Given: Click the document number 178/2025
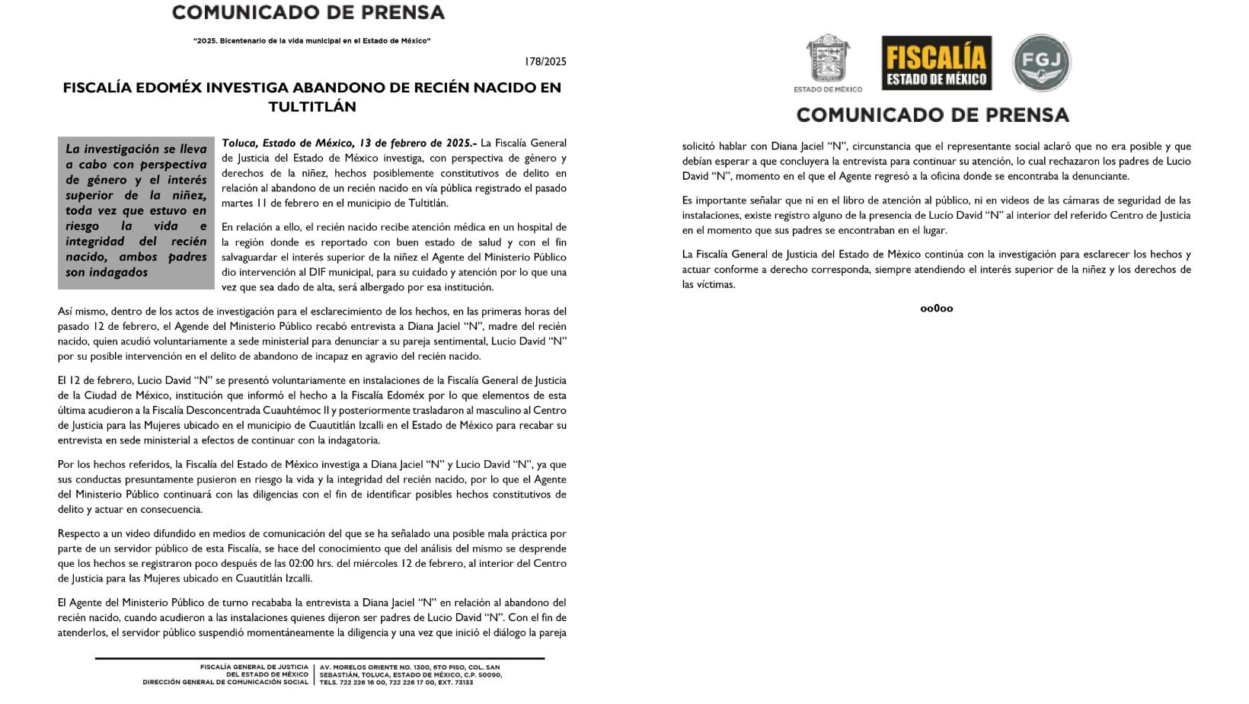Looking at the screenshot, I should pos(546,62).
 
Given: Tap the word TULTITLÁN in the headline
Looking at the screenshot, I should pos(312,107).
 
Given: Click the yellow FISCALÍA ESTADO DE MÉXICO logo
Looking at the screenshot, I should pos(936,63).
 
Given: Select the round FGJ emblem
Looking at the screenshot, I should pos(1041,63).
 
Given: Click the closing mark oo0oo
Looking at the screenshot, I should pos(936,309).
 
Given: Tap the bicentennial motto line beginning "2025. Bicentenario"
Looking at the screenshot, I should pos(312,40).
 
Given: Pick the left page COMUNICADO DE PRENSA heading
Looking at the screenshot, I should pos(308,13).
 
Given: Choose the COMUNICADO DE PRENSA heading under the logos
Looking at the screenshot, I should pos(932,115).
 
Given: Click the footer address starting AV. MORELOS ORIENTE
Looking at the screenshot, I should pos(410,667).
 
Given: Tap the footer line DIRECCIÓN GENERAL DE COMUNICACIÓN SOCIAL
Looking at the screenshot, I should pos(225,682).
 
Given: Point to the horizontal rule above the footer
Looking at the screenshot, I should pos(319,658).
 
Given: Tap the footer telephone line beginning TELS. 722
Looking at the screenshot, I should pos(396,682).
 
